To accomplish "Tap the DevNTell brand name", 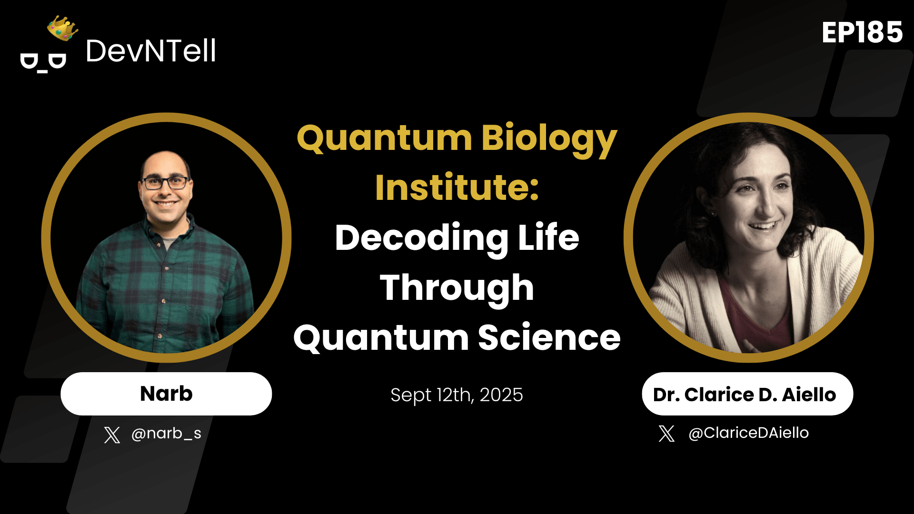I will click(x=150, y=51).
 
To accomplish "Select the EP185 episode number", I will click(x=862, y=33).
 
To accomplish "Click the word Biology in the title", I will click(x=549, y=139).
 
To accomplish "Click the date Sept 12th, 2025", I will click(x=457, y=395).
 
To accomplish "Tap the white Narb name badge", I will click(x=166, y=394).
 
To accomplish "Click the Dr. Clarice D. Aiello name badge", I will click(x=747, y=394).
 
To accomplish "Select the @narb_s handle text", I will click(x=166, y=434).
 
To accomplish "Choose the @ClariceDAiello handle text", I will click(x=748, y=433).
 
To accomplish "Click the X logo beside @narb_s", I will click(x=112, y=435).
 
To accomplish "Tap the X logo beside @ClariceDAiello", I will click(x=666, y=434).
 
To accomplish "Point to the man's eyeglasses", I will click(x=165, y=183).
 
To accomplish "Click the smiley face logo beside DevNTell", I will click(x=43, y=62).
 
